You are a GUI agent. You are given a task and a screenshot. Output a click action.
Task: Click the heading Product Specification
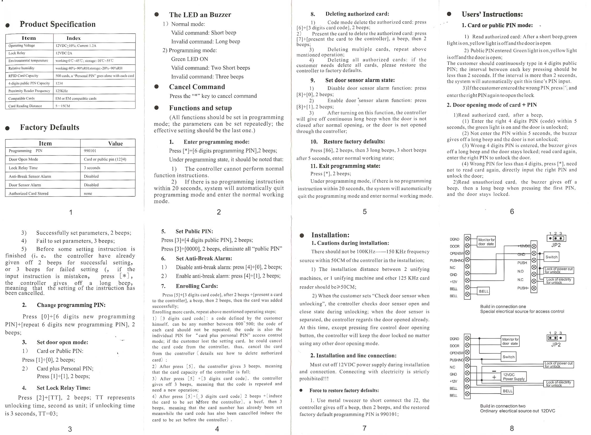(x=57, y=24)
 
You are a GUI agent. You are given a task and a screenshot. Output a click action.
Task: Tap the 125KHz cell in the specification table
(x=62, y=91)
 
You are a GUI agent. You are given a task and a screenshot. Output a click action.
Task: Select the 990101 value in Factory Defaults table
(x=90, y=151)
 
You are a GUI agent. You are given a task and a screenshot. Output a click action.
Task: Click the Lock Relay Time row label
(x=23, y=168)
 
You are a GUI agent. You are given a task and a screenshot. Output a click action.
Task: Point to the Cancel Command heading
(x=197, y=87)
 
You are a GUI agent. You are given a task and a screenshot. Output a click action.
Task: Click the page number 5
(x=365, y=212)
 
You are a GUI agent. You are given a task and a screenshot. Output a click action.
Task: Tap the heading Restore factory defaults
(x=354, y=142)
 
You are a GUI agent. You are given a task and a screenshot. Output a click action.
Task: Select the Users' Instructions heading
(x=492, y=14)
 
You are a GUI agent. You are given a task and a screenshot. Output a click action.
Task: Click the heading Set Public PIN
(x=194, y=231)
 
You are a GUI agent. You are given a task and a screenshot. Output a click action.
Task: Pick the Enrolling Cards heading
(x=197, y=286)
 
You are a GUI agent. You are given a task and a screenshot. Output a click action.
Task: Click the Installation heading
(x=330, y=235)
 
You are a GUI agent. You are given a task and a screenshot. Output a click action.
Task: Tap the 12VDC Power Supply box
(x=514, y=377)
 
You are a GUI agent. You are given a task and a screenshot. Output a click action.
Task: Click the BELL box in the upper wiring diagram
(x=483, y=291)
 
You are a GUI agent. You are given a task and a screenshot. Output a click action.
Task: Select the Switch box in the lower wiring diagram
(x=508, y=357)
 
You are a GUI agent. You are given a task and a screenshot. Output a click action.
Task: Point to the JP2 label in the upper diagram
(x=556, y=245)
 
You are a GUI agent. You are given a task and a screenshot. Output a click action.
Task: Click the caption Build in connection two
(x=503, y=406)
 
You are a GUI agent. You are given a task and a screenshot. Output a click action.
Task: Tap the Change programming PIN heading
(x=71, y=305)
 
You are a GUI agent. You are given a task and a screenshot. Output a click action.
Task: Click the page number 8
(x=512, y=428)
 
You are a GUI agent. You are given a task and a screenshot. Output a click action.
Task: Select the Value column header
(x=116, y=144)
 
